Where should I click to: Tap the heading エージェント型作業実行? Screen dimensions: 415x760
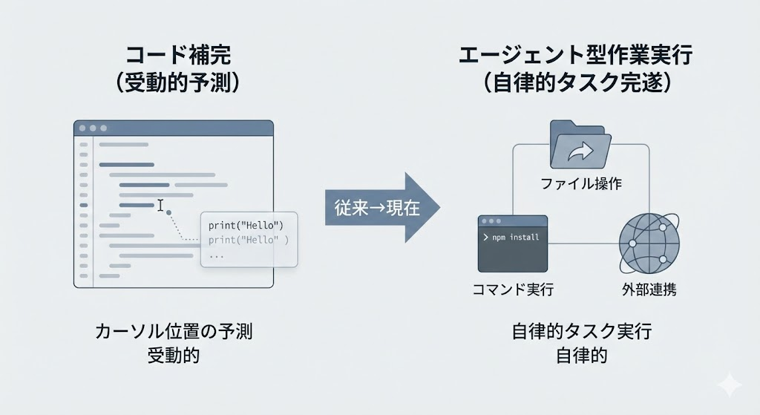tap(576, 56)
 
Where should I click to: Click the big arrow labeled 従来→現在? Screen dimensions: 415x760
tap(382, 207)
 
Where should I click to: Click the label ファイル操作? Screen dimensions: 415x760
tap(581, 183)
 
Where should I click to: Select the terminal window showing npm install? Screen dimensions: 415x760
tap(513, 245)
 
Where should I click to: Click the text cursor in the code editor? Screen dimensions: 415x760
tap(160, 204)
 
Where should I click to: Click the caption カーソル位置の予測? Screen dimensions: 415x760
tap(174, 332)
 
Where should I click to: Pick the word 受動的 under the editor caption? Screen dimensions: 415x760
tap(174, 356)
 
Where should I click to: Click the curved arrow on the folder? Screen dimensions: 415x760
tap(576, 154)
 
